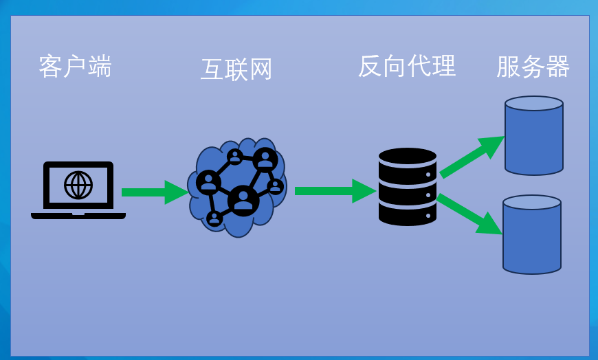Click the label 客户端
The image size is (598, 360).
tap(75, 67)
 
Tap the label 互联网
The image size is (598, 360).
tap(236, 69)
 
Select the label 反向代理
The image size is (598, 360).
tap(407, 66)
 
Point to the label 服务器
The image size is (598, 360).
tap(533, 67)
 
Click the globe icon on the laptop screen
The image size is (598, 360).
tap(78, 185)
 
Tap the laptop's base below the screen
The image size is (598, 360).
tap(78, 216)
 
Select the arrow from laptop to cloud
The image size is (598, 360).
tap(153, 192)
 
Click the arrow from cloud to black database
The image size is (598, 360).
tap(334, 191)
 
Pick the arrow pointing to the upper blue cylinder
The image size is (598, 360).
tap(472, 157)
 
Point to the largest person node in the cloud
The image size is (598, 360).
tap(243, 201)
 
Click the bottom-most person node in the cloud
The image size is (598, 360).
tap(214, 218)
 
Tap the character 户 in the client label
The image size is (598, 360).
tap(74, 67)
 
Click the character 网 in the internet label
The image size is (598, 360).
tap(261, 69)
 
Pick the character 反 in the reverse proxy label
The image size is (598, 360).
tap(370, 66)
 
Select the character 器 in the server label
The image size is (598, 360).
tap(557, 67)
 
